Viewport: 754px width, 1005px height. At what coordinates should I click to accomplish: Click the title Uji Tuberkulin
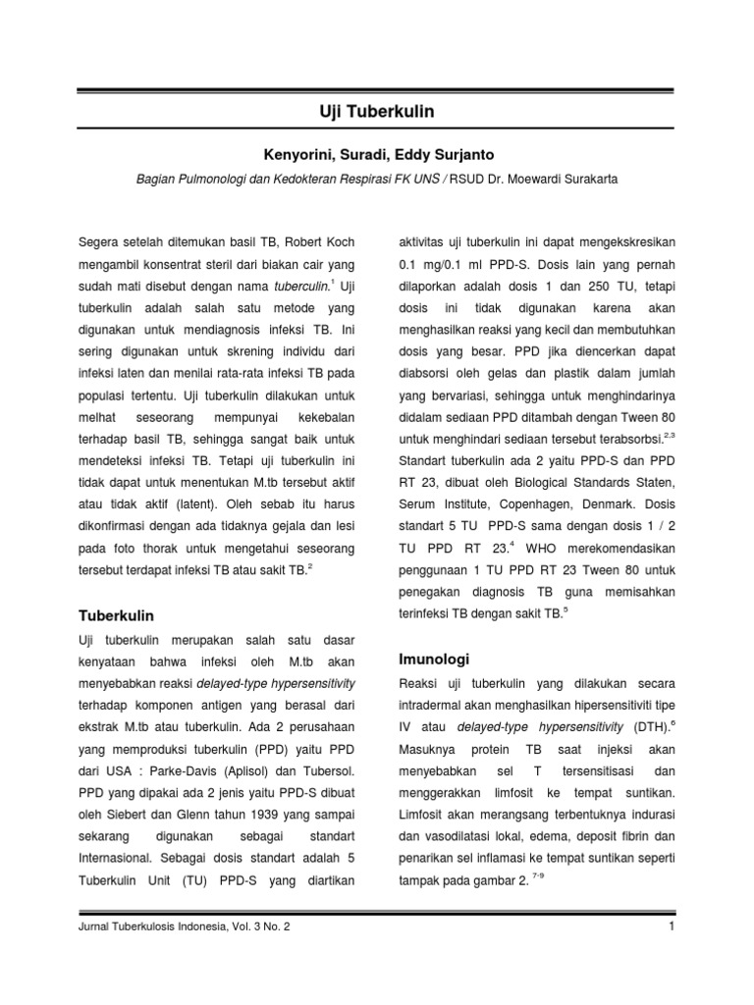point(378,112)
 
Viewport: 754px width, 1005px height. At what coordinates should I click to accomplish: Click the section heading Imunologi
point(434,658)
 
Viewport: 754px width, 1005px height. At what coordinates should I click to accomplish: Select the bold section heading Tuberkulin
point(116,615)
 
